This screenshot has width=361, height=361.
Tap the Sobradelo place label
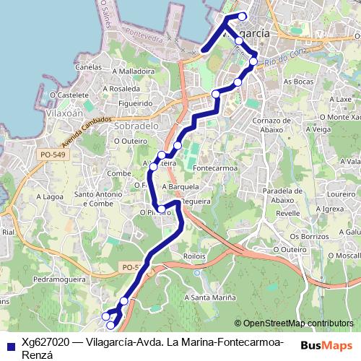tap(135, 125)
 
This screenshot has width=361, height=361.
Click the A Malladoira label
tap(129, 71)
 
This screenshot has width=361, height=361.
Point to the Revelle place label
tap(287, 213)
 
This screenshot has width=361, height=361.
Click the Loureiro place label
tap(341, 194)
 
